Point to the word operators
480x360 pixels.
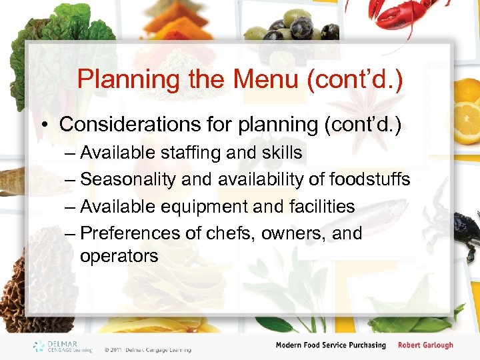click(119, 256)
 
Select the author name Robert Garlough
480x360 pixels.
click(425, 345)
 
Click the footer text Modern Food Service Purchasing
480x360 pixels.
click(331, 345)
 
